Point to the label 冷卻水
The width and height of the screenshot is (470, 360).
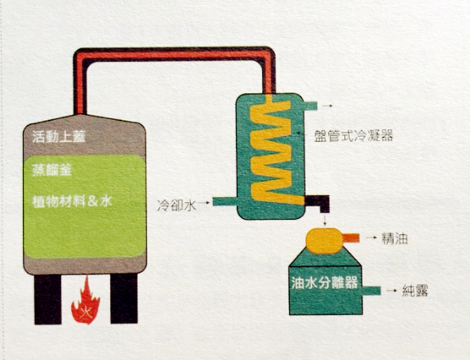[176, 205]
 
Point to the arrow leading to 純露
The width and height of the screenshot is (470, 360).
[392, 290]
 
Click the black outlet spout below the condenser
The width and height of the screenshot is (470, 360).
[319, 205]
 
